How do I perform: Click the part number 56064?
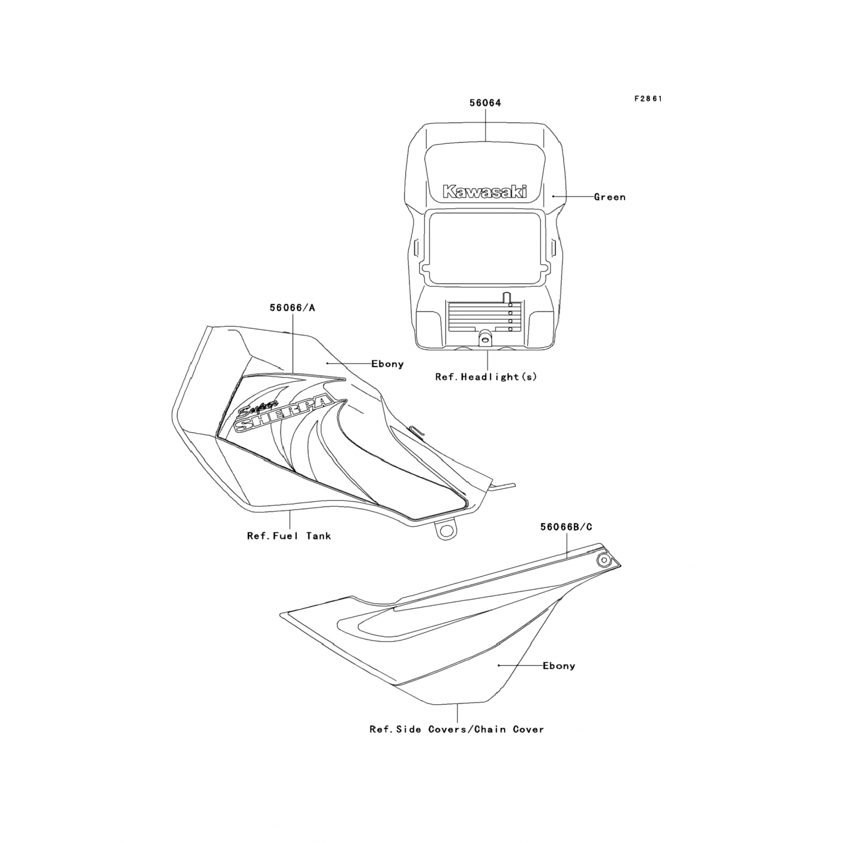(485, 103)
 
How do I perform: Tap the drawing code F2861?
(648, 98)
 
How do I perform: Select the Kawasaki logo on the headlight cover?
(485, 192)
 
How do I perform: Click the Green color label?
(609, 197)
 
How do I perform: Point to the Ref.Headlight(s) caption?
(486, 377)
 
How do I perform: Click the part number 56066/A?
(292, 307)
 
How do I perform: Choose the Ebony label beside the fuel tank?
(387, 364)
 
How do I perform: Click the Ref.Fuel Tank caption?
(289, 536)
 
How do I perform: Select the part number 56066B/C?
(566, 527)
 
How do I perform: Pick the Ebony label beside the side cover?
(559, 665)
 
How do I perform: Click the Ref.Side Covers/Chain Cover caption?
(456, 729)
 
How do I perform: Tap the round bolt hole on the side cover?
(604, 560)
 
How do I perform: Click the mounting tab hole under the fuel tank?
(447, 531)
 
